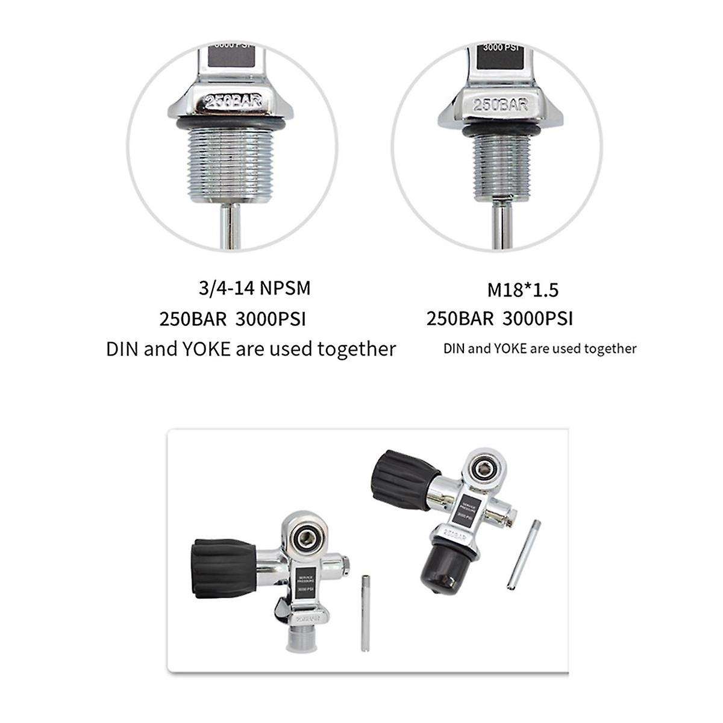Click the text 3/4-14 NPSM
[254, 288]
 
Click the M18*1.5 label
[522, 290]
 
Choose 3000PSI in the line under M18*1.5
[537, 318]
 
